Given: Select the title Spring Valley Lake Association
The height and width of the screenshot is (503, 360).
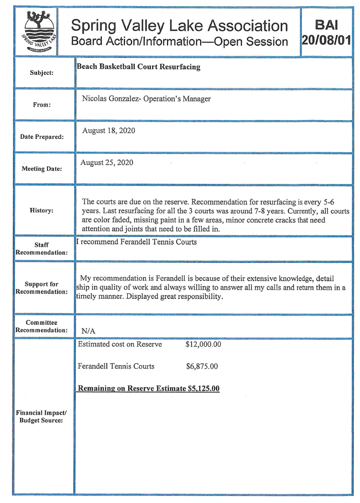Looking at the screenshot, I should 180,25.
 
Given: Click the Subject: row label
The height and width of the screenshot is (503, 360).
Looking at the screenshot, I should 43,73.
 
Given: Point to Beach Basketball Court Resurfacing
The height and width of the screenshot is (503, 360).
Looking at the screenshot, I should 138,67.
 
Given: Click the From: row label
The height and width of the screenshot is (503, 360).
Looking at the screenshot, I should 43,104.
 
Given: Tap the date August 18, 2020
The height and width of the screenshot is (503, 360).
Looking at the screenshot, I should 108,131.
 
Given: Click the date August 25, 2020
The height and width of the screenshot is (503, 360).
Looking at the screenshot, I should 107,162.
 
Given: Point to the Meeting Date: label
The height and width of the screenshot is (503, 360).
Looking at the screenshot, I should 43,169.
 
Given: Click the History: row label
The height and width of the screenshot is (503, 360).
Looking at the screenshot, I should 43,210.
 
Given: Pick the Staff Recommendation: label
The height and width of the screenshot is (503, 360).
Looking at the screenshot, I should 43,248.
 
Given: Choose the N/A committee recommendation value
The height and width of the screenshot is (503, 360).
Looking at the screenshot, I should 88,331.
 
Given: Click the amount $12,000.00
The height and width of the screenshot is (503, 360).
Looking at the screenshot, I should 203,344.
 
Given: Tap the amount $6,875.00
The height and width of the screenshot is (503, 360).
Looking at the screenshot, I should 202,367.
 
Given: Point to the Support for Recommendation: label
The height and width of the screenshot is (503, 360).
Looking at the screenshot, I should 43,288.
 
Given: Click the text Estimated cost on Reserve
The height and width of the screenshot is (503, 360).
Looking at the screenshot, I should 120,344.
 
